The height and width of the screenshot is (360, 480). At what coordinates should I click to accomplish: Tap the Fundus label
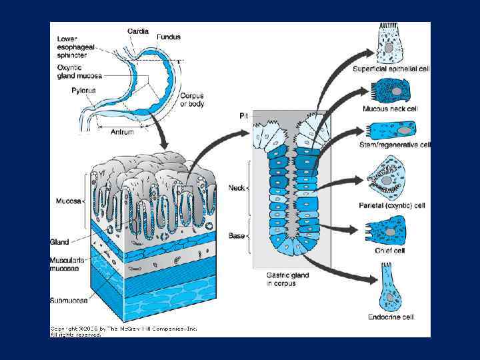point(168,37)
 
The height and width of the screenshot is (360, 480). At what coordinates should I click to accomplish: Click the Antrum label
point(121,132)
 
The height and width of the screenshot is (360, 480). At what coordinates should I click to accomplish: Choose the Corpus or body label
point(192,99)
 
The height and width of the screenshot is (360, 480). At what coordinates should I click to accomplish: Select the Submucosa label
point(68,301)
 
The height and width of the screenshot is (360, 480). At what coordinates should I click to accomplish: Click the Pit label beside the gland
point(243,116)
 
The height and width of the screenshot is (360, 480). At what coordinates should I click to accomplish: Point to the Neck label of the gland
point(237,189)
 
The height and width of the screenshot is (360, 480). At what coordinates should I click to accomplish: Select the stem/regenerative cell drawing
point(393,129)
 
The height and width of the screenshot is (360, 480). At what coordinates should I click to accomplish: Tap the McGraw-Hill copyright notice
point(123,331)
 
